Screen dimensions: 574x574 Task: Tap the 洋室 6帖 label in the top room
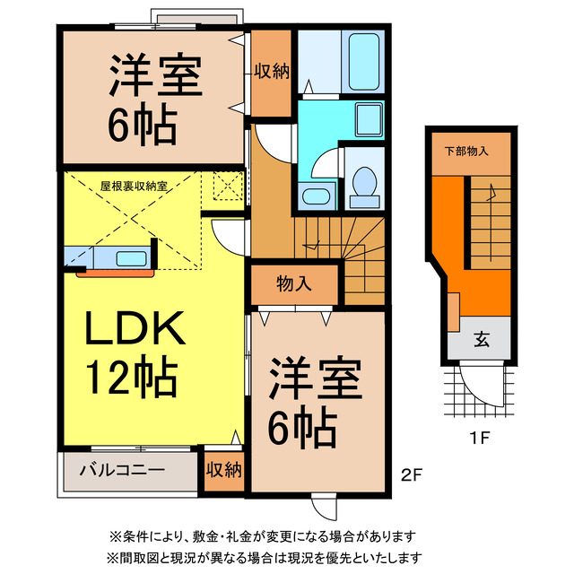point(153,98)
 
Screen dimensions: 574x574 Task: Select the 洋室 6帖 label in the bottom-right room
point(315,399)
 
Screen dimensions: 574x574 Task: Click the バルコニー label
point(121,469)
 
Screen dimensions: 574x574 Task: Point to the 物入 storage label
point(294,284)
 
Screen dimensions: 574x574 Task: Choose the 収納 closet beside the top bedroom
point(270,72)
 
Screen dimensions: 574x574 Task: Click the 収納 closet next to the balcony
point(223,469)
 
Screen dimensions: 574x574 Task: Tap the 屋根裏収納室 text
point(135,186)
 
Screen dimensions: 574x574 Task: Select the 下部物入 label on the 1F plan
point(466,151)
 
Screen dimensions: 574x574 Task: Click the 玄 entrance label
point(482,340)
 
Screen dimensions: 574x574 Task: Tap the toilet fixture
point(364,183)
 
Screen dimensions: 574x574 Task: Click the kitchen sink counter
point(109,257)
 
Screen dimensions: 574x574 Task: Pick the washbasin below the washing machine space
point(315,196)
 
